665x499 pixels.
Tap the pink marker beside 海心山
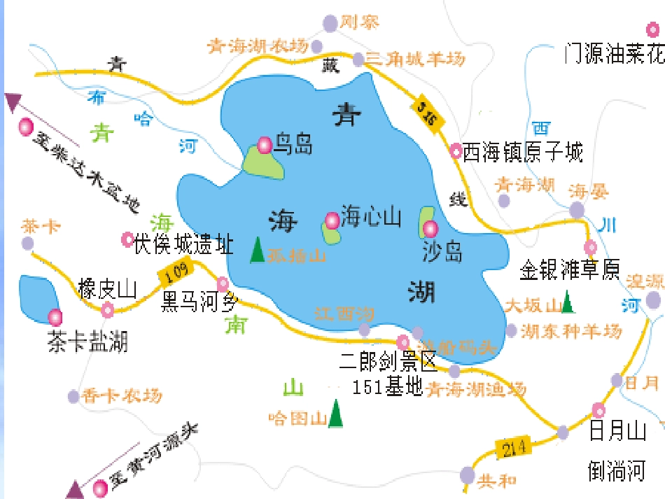(332, 220)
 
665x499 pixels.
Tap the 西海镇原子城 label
(522, 151)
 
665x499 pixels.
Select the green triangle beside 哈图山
(337, 414)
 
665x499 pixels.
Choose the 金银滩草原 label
(570, 270)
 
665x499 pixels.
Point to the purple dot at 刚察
(330, 24)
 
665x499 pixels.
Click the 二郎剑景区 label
(388, 362)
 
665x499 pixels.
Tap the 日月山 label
(617, 431)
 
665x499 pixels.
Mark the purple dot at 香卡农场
(74, 397)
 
